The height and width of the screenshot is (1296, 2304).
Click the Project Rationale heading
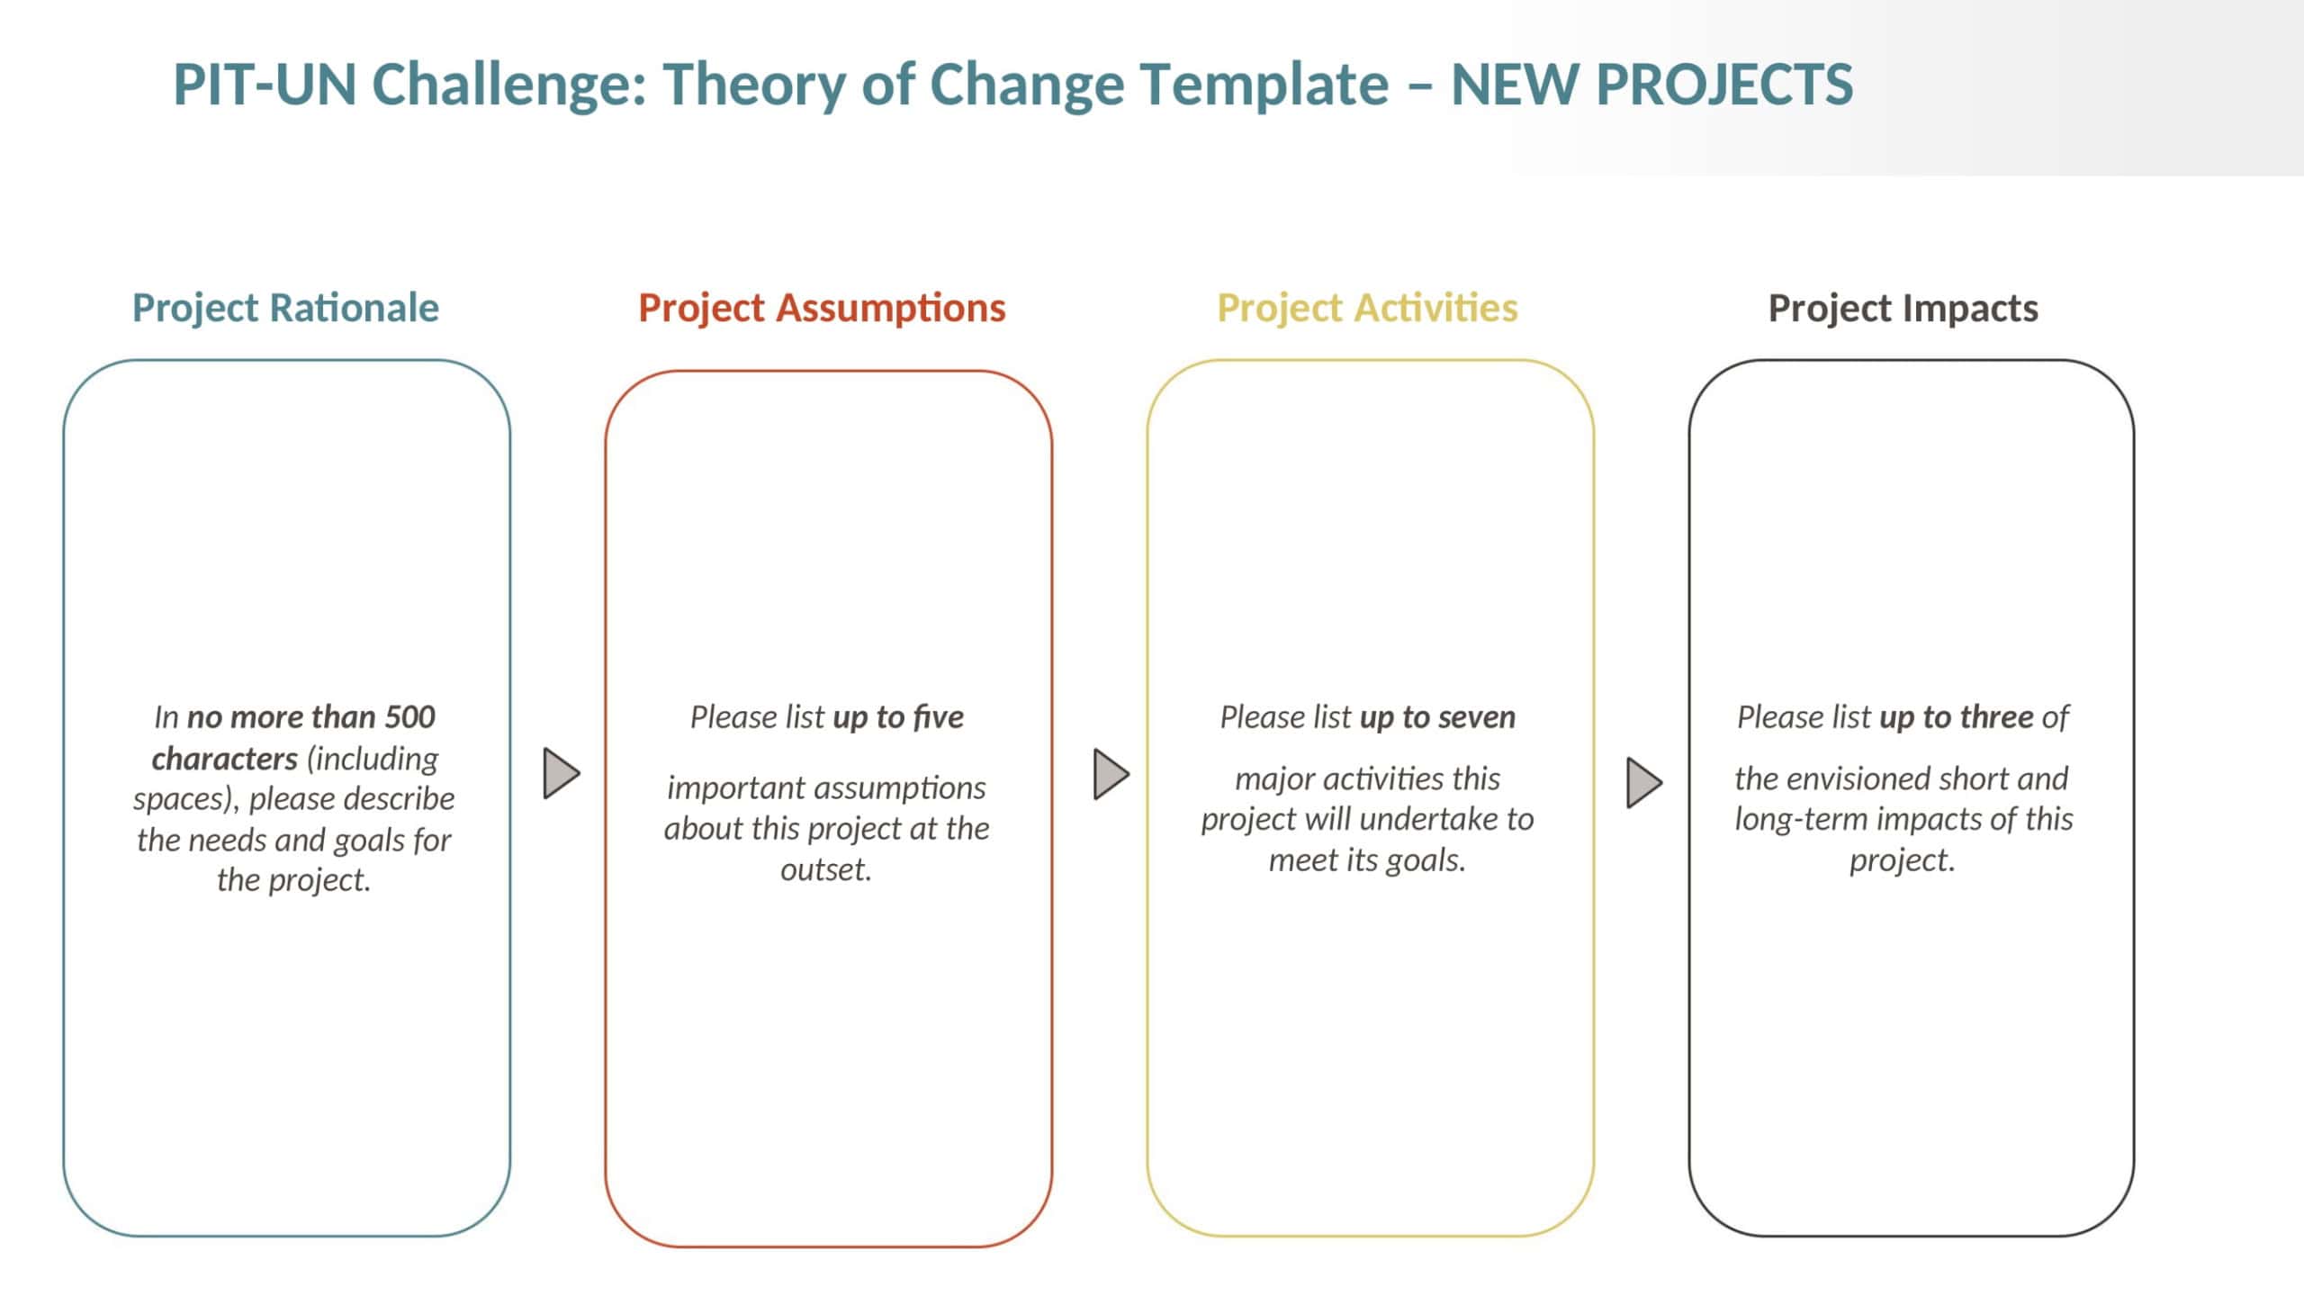[285, 308]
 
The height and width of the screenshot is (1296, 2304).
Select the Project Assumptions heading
[822, 308]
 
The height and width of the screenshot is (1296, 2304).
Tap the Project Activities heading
[1367, 308]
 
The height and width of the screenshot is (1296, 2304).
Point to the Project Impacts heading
[1903, 308]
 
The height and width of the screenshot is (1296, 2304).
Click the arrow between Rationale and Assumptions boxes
[561, 773]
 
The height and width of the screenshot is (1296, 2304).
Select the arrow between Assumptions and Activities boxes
[1111, 773]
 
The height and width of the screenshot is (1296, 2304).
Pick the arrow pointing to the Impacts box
[1644, 782]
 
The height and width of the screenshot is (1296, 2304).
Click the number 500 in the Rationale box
[410, 717]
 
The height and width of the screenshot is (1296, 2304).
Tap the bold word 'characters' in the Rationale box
[224, 759]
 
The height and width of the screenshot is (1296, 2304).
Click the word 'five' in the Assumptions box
[939, 717]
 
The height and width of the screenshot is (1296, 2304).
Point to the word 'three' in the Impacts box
[1996, 717]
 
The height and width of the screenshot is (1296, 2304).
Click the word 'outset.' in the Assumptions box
[826, 870]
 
